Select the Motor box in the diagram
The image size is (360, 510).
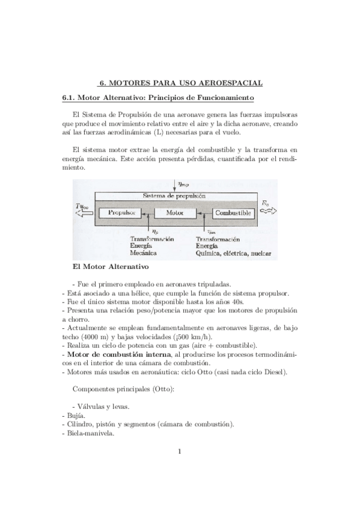(x=174, y=213)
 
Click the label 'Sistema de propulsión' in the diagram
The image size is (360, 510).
(x=174, y=196)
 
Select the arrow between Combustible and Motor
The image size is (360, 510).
(x=205, y=213)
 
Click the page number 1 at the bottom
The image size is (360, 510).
(x=180, y=452)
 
